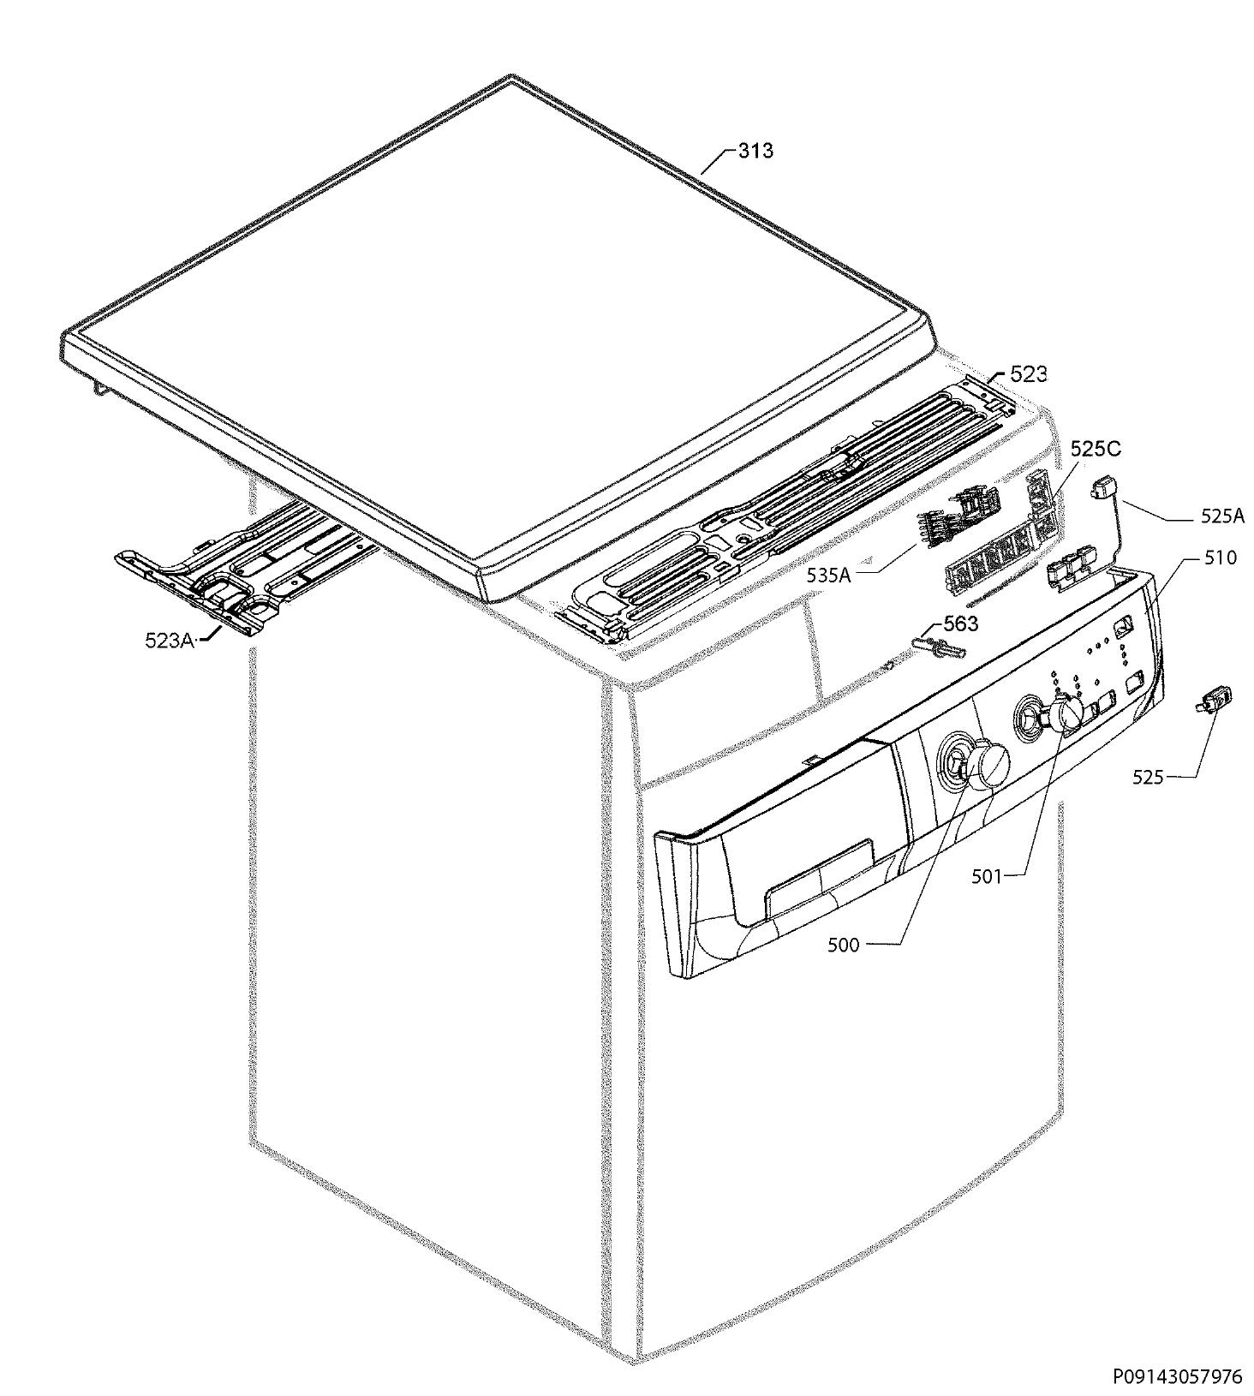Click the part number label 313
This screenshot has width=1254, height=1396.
755,151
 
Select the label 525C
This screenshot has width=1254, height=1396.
1095,449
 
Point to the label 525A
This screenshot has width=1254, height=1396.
1222,516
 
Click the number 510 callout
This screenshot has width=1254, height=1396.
1220,558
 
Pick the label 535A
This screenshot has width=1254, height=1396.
828,576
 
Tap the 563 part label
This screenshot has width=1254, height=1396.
960,623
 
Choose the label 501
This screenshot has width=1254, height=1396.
986,877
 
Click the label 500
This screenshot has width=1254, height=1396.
843,946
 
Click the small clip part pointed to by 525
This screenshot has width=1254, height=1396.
1215,700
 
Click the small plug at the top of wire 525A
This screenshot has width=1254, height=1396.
1101,489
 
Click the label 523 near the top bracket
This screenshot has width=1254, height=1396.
1028,373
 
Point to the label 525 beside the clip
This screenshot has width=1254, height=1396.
1148,777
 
